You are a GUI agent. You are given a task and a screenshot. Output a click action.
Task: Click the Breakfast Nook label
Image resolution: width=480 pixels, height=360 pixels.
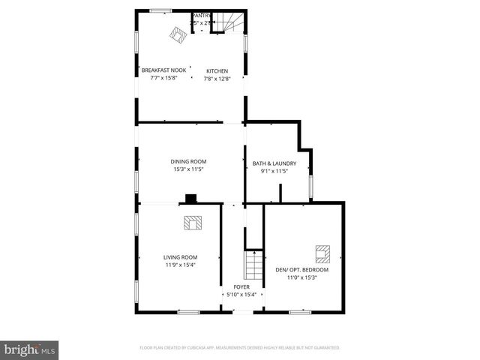click(x=163, y=70)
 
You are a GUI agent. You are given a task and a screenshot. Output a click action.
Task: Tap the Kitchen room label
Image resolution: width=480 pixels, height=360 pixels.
click(x=217, y=71)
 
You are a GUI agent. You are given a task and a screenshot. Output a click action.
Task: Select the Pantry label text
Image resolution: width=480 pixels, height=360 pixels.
click(x=202, y=16)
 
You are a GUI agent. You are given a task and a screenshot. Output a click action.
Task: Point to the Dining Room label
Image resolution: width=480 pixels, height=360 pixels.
click(x=188, y=161)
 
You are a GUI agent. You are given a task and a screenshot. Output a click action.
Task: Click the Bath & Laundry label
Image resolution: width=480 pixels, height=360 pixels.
click(x=274, y=163)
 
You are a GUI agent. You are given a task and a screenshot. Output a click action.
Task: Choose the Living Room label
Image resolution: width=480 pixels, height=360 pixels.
click(x=180, y=257)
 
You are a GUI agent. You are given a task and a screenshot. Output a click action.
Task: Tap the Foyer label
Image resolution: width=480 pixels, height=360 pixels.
click(x=241, y=286)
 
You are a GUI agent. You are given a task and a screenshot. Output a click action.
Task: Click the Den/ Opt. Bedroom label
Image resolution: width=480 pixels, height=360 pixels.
click(x=302, y=270)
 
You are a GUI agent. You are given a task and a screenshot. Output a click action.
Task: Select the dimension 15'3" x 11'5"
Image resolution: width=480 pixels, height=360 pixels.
click(x=188, y=169)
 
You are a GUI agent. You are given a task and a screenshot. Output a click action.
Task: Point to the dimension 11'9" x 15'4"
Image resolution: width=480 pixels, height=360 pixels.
click(x=180, y=265)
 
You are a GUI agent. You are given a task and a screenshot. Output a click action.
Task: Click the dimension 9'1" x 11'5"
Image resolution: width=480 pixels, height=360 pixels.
click(x=274, y=171)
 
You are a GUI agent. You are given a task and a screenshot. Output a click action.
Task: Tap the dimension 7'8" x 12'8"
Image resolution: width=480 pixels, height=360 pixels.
click(x=217, y=79)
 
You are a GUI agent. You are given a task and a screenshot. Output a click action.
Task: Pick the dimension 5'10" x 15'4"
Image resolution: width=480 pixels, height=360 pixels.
click(x=241, y=294)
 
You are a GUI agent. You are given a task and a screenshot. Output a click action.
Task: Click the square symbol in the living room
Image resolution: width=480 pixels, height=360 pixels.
click(x=193, y=222)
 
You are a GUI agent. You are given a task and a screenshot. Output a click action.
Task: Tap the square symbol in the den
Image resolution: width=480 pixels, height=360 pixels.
click(x=322, y=251)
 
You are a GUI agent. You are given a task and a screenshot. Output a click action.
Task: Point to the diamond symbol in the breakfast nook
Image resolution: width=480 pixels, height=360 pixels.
click(x=178, y=34)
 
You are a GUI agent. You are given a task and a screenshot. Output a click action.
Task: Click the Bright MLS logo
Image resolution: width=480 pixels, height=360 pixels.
click(x=30, y=349)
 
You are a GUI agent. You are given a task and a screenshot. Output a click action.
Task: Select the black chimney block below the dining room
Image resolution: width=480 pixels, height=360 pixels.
click(x=191, y=199)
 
